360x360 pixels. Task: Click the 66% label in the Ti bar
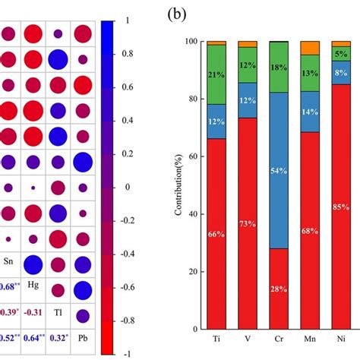(x=217, y=234)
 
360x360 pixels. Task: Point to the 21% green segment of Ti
(x=217, y=74)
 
